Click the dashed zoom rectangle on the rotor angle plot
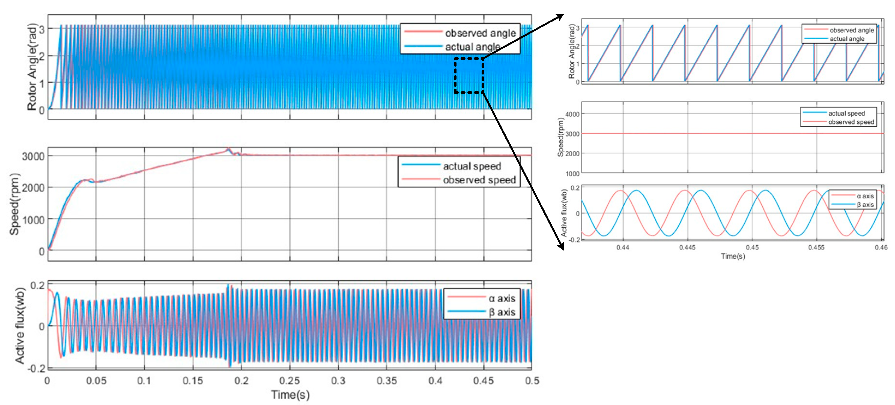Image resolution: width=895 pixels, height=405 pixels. tap(469, 75)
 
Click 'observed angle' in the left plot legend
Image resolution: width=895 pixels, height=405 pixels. tap(480, 33)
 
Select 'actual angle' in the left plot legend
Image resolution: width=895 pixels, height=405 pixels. tap(473, 47)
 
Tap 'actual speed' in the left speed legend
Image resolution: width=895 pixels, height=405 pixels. tap(472, 166)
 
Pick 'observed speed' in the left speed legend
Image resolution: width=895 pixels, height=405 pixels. tap(479, 180)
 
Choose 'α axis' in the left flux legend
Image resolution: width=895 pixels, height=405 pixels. tap(502, 299)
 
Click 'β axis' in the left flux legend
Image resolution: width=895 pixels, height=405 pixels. tap(502, 312)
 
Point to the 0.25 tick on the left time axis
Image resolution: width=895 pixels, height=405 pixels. tap(290, 381)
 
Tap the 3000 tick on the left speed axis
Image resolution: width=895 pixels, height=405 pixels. tap(33, 156)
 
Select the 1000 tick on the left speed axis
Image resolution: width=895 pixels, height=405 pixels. tap(33, 220)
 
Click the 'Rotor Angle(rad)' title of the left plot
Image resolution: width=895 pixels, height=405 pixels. tap(32, 67)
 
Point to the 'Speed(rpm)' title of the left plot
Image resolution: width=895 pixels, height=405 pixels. tap(14, 204)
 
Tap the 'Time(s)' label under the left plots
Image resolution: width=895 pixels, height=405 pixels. tap(290, 395)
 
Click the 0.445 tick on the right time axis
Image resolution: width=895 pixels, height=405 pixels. tap(687, 248)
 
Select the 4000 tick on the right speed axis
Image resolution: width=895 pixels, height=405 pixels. tap(572, 114)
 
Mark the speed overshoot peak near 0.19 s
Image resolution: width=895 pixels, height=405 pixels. tap(228, 149)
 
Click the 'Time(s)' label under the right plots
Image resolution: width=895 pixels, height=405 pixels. tap(733, 256)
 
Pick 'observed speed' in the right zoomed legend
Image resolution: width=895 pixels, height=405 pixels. tap(851, 122)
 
